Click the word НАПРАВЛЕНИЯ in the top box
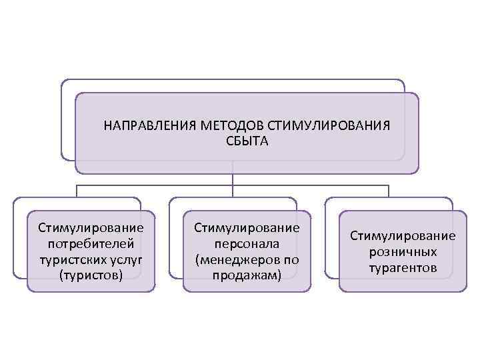coord(143,126)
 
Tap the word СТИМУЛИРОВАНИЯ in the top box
coord(328,126)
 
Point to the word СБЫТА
coord(247,141)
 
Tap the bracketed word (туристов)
coord(91,274)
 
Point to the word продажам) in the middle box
coord(247,274)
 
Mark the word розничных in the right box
coord(403,251)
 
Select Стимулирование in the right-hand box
coord(403,236)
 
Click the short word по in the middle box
coord(291,259)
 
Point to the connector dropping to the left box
coord(77,191)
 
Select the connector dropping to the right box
coord(388,191)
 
